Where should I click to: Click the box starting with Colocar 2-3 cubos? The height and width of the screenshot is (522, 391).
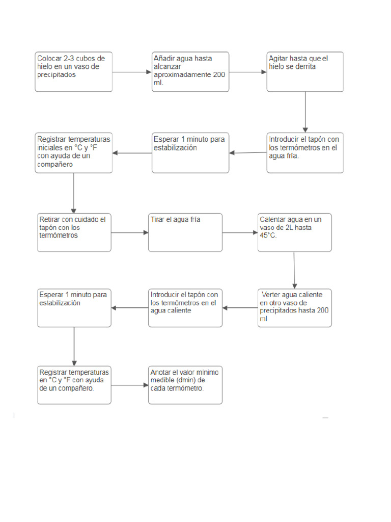[x=73, y=71]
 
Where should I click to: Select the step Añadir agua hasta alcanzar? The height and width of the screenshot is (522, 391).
[x=190, y=71]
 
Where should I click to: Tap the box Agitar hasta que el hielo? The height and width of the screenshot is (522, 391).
[x=305, y=71]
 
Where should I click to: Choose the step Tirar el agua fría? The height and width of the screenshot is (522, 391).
[x=185, y=232]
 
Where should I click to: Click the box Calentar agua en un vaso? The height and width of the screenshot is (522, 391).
[x=294, y=232]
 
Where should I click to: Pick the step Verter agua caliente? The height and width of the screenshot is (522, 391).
[x=294, y=308]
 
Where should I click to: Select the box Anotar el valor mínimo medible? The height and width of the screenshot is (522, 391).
[x=185, y=385]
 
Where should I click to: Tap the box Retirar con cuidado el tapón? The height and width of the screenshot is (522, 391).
[x=74, y=232]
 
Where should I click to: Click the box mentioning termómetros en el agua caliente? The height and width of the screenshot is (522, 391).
[x=185, y=308]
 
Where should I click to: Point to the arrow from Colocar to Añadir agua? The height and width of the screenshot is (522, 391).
[x=132, y=72]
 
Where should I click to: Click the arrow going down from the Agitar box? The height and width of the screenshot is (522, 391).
[x=305, y=112]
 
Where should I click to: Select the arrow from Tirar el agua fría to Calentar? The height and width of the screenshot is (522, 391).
[x=240, y=233]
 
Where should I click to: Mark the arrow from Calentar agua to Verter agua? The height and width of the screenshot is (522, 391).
[x=294, y=270]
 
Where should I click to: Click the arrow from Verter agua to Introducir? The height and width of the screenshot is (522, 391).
[x=240, y=308]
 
